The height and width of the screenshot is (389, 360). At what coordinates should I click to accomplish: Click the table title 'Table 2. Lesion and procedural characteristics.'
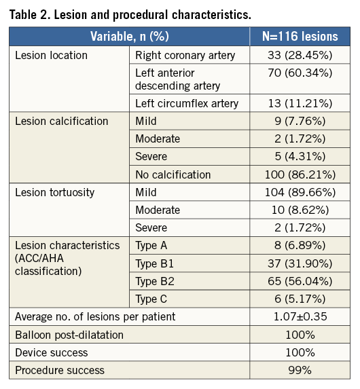coord(130,15)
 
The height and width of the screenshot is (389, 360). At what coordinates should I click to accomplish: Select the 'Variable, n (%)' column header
coord(130,36)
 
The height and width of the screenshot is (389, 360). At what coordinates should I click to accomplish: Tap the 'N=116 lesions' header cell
coord(300,36)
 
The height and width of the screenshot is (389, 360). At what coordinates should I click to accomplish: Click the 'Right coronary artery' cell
coord(185,55)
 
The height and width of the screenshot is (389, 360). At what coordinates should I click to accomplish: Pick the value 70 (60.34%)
coord(300,73)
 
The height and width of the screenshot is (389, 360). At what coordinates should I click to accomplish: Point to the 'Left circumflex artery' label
coord(187,103)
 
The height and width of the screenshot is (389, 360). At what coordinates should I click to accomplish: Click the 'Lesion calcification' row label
coord(62,122)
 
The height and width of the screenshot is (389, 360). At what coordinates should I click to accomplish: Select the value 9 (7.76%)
coord(300,122)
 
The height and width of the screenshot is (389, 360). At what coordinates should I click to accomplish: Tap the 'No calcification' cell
coord(173,174)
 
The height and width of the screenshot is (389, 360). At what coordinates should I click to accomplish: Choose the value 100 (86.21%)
coord(300,174)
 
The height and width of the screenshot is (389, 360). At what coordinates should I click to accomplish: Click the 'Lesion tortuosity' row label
coord(55,193)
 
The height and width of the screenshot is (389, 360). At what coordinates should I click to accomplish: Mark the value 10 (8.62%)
coord(300,210)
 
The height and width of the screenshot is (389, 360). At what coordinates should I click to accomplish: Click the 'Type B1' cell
coord(154,263)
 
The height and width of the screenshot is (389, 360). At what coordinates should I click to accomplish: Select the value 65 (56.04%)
coord(300,281)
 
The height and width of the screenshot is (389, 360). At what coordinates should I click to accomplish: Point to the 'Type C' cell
coord(151,299)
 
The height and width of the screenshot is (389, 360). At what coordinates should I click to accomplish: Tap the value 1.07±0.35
coord(300,317)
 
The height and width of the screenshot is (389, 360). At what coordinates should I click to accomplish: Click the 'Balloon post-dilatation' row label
coord(69,335)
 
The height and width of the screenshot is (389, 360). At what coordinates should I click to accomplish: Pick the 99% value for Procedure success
coord(300,371)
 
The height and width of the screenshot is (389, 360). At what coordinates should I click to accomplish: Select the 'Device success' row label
coord(52,352)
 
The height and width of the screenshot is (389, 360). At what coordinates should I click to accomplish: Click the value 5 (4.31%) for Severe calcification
coord(300,157)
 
